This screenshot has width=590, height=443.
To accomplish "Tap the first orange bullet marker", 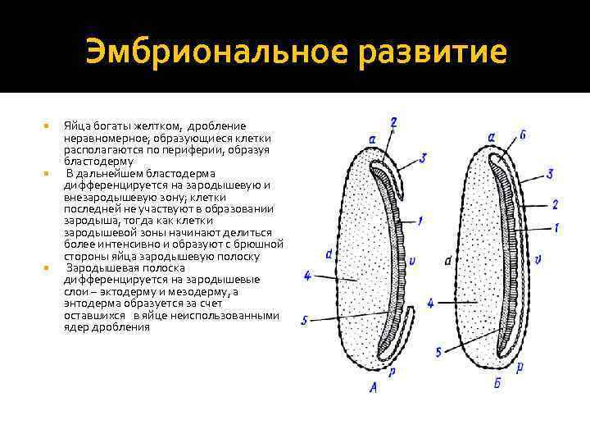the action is (46, 126).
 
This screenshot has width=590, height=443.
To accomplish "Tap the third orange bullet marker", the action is (46, 267).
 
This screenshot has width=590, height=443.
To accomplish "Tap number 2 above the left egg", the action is (394, 122).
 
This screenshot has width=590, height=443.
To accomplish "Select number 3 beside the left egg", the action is (422, 158).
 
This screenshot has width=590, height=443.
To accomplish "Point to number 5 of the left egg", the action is (305, 321).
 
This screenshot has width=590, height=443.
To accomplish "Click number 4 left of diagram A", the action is (307, 276).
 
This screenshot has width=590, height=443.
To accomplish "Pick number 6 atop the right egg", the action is (523, 135).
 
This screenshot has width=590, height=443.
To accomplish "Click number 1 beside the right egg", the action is (556, 226).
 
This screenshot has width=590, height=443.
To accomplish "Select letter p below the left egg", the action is (393, 372).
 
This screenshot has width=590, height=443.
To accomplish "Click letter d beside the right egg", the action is (448, 261).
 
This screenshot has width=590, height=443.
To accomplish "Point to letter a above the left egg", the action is (373, 139).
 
